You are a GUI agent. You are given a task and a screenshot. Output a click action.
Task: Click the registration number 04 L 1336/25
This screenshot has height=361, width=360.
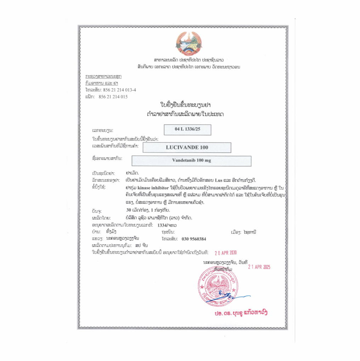point(187,129)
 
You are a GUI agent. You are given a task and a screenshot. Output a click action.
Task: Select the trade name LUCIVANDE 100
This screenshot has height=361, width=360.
point(187,147)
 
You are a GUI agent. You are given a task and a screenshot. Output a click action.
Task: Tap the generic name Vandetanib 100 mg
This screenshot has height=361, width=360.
point(191,160)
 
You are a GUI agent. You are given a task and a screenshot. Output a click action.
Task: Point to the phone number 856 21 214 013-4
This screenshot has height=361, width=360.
point(119,90)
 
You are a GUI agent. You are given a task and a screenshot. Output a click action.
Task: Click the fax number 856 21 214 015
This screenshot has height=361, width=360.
point(113,96)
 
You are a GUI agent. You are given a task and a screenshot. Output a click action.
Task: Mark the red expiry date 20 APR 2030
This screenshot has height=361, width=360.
point(225,253)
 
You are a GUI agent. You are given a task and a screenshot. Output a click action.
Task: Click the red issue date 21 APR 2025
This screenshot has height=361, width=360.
point(259,267)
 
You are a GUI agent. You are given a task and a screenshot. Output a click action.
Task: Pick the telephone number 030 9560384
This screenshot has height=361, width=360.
point(194,239)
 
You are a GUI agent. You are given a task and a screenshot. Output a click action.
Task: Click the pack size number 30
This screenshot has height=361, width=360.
point(129,210)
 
